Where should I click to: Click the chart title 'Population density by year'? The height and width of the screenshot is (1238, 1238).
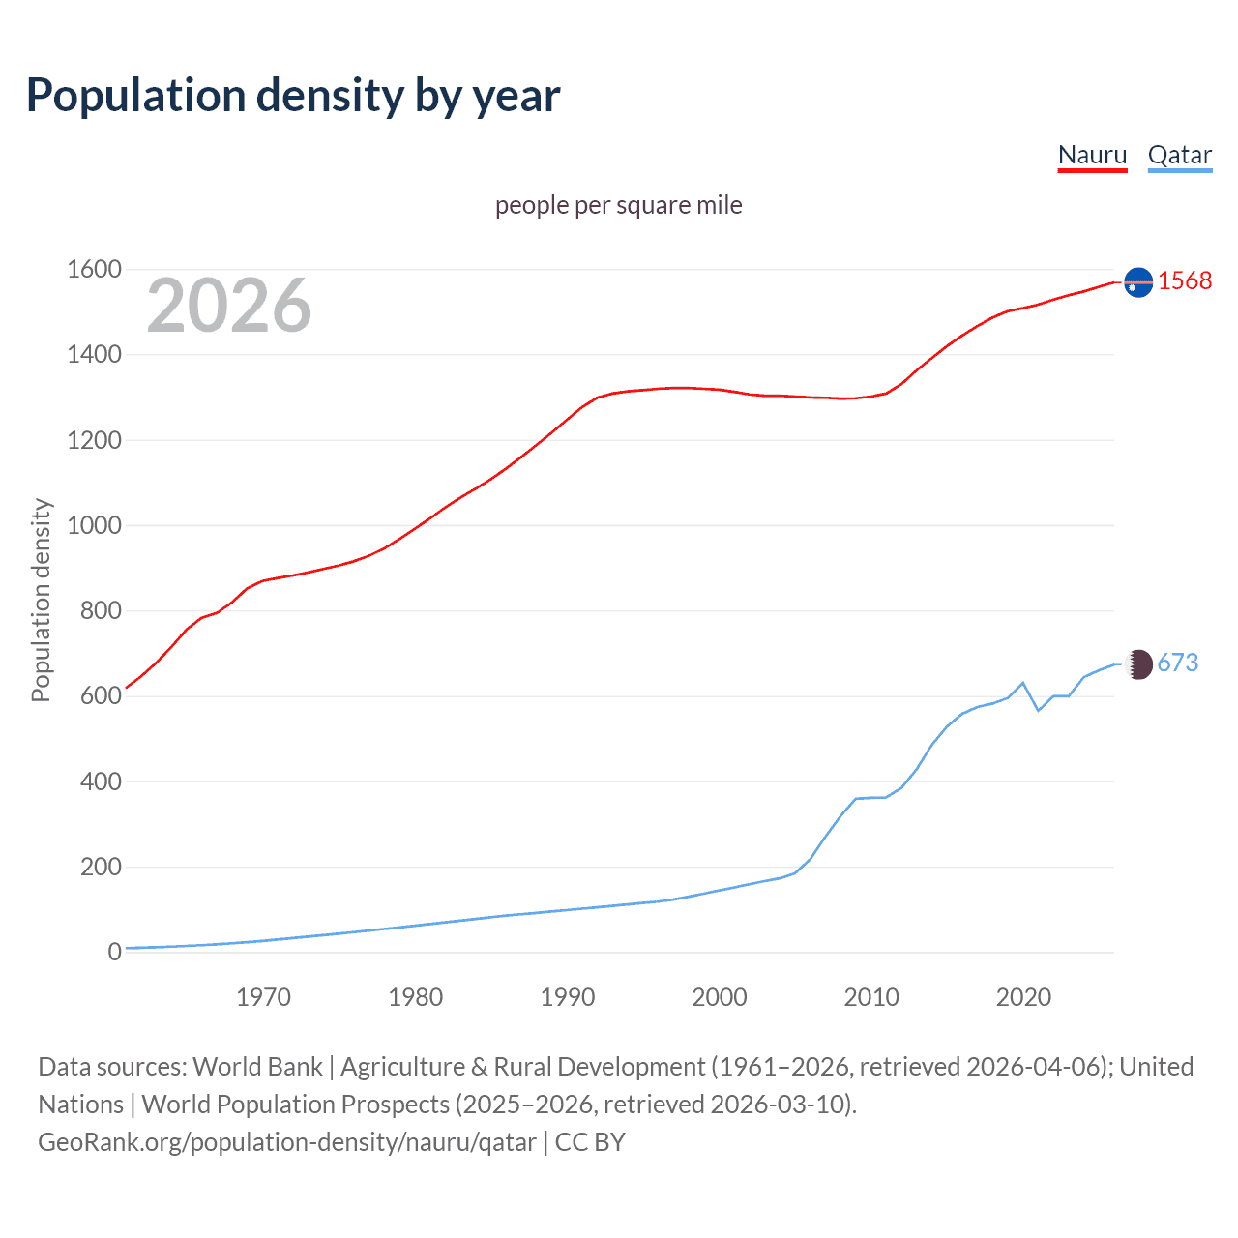[x=293, y=95]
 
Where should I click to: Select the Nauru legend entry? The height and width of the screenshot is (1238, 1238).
[x=1092, y=155]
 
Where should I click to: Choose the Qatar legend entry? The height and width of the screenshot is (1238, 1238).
[x=1179, y=155]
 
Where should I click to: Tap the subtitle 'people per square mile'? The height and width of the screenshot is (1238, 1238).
[x=618, y=205]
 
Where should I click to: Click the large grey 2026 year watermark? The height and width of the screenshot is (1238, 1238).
[x=229, y=306]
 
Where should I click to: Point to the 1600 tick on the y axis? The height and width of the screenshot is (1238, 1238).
[x=94, y=269]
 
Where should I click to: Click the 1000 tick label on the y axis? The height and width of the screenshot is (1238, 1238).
[x=94, y=525]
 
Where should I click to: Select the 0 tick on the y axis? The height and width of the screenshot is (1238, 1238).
[x=114, y=952]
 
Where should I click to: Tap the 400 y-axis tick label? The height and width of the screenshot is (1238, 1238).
[x=101, y=781]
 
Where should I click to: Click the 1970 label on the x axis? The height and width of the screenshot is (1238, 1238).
[x=263, y=997]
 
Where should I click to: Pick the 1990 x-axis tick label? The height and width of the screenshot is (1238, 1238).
[x=568, y=997]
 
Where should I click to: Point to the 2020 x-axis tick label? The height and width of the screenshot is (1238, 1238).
[x=1023, y=997]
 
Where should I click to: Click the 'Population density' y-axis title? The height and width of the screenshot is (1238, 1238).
[x=41, y=600]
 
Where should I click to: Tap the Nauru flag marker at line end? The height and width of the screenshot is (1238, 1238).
[x=1138, y=281]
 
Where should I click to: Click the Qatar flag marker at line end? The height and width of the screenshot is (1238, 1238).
[x=1139, y=663]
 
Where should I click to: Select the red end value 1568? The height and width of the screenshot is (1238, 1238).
[x=1185, y=280]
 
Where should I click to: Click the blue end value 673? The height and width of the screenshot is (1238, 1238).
[x=1177, y=663]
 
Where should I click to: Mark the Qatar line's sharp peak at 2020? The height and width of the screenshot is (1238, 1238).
[x=1023, y=683]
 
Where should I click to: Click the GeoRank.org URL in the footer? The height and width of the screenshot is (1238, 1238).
[x=286, y=1142]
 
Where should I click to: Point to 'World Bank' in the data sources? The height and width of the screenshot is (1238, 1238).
[x=257, y=1067]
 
